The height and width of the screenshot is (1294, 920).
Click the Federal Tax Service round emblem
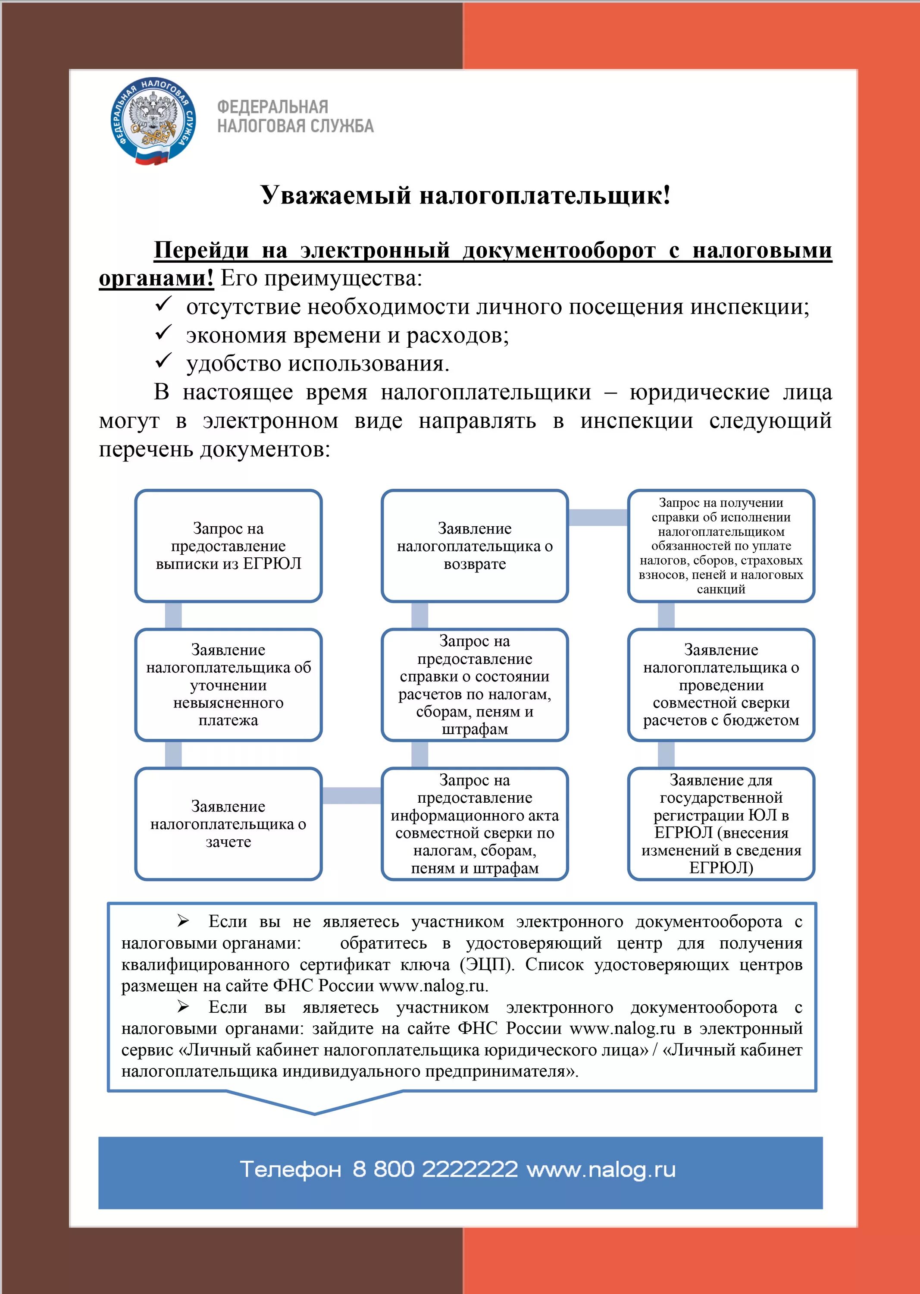tap(153, 121)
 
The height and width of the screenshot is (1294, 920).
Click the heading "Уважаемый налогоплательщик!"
tap(466, 195)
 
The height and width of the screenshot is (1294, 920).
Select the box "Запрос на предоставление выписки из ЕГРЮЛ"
tap(228, 546)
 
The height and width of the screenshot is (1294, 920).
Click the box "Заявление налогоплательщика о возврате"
tap(475, 546)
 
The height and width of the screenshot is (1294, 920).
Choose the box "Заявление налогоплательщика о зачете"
tap(228, 823)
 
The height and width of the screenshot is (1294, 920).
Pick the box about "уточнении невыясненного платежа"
tap(228, 685)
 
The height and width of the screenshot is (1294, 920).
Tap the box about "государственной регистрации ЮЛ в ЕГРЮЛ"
tap(721, 823)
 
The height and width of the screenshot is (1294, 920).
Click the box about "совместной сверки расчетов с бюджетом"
tap(721, 685)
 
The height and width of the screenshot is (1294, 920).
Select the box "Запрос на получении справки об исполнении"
tap(721, 546)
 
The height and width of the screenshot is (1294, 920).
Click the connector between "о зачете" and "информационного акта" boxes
tap(352, 796)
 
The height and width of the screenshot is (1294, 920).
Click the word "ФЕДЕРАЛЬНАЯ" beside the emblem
tap(272, 107)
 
